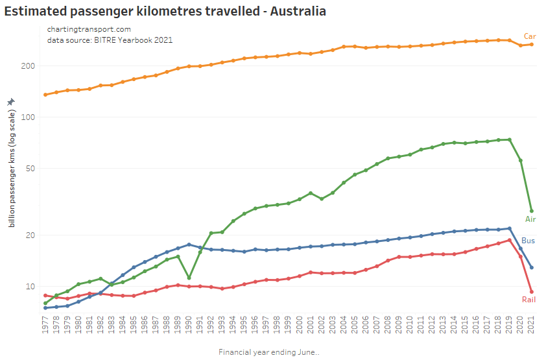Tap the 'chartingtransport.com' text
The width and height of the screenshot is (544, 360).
coord(89,29)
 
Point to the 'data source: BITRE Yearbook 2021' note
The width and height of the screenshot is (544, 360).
coord(110,40)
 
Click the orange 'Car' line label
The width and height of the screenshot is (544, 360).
coord(530,36)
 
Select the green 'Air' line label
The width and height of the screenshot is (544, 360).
coord(530,219)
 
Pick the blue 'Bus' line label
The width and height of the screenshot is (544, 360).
coord(528,241)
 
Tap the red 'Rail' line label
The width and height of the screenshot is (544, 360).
coord(528,299)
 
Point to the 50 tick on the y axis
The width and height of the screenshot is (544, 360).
coord(30,169)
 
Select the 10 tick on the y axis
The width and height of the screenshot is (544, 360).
coord(30,287)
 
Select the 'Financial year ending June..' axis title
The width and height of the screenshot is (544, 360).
coord(269,352)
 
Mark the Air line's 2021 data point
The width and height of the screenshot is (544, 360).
coord(532,211)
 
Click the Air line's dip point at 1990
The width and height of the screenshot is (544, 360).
coord(189,278)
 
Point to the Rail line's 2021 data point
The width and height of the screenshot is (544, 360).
coord(532,292)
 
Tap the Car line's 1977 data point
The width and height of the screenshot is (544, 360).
coord(45,95)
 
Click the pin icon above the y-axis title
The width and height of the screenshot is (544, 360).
coord(10,102)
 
